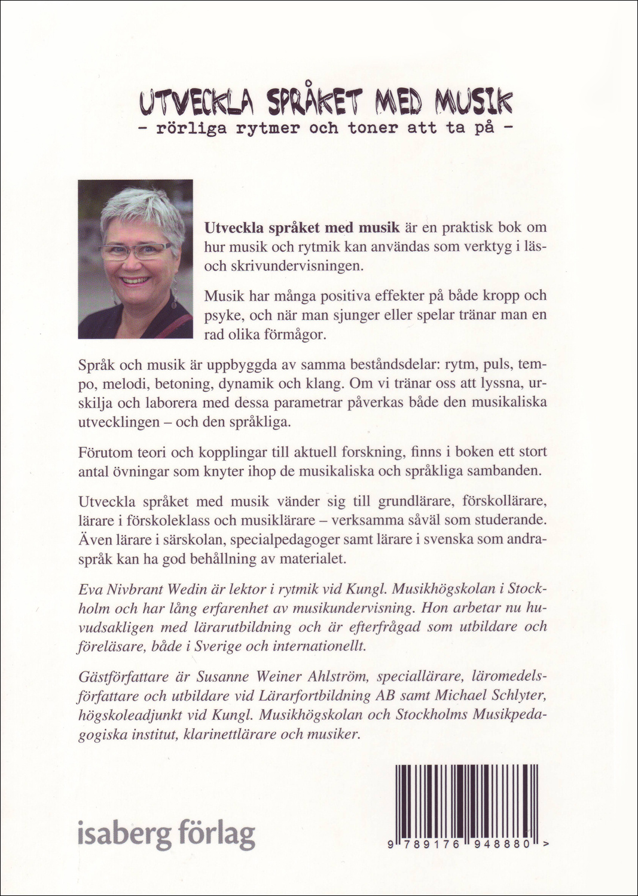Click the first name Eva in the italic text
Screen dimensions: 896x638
click(90, 588)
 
